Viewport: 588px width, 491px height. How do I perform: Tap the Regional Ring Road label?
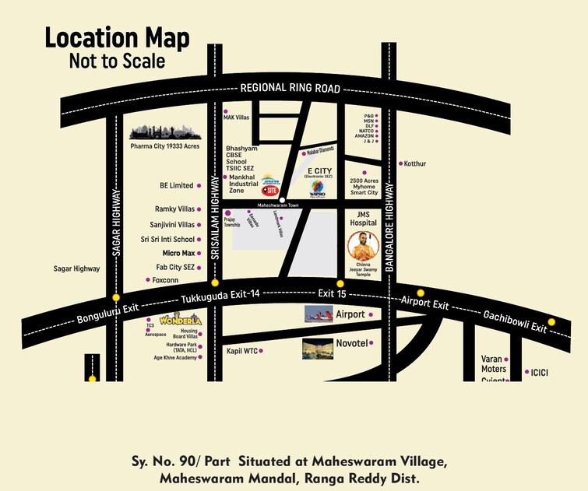tap(290, 88)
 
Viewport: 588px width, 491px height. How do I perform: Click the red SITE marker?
tap(269, 188)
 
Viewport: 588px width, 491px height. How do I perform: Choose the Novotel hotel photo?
tap(317, 349)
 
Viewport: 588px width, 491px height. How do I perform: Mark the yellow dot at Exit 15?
tap(340, 283)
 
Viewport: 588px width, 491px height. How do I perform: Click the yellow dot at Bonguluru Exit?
tap(116, 297)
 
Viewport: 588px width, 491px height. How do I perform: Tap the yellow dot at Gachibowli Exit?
tap(551, 322)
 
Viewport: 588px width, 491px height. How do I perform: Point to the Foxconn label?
tap(165, 279)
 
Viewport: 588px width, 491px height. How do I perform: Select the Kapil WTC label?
tap(241, 351)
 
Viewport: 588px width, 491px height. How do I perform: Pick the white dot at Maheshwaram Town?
tap(282, 200)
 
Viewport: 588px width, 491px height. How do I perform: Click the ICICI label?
tap(540, 373)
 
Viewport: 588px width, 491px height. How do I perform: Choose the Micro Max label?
tap(178, 254)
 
